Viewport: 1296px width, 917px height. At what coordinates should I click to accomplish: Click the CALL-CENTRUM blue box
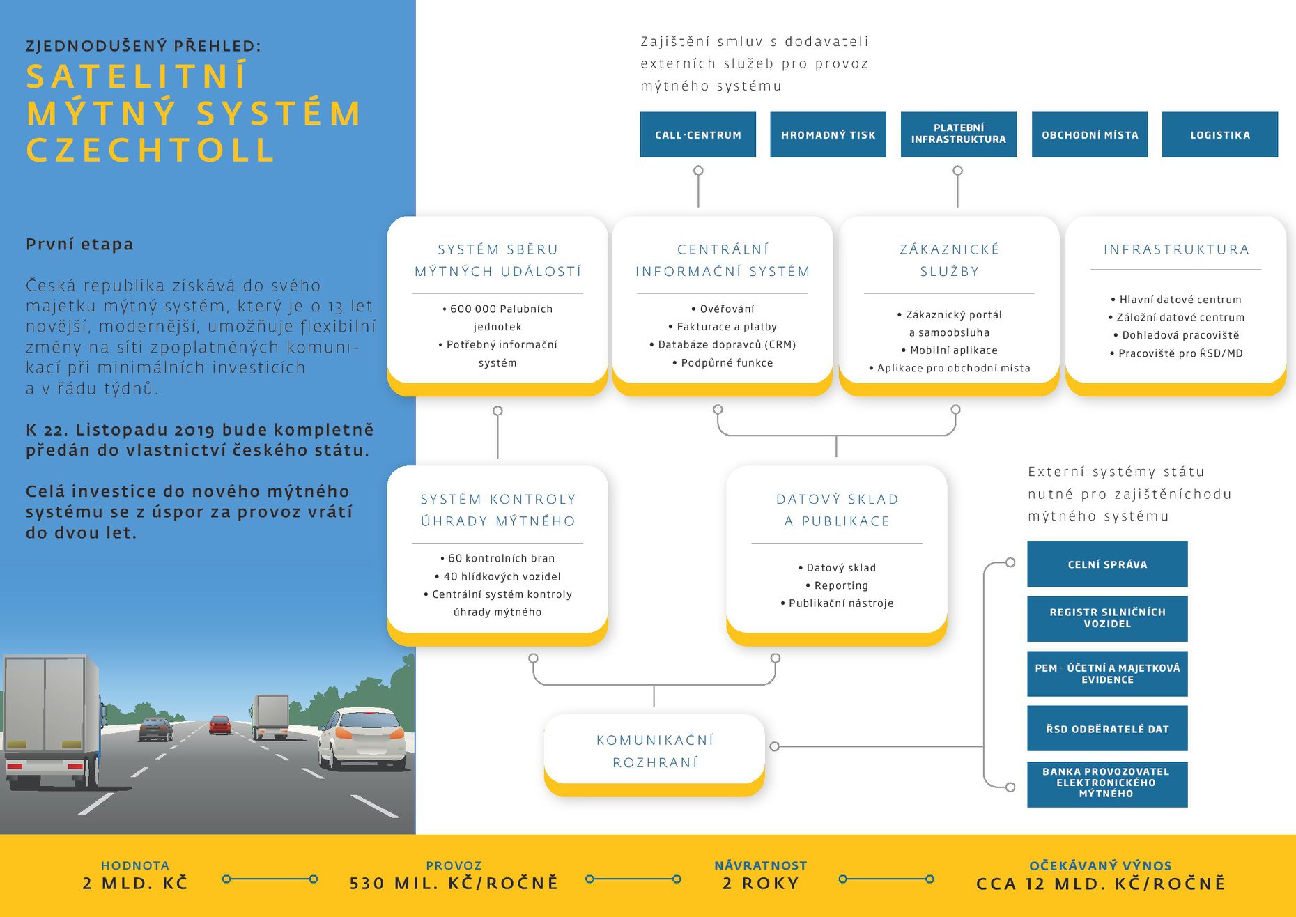[x=697, y=134]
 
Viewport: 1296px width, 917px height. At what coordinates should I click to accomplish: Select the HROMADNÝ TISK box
[x=828, y=134]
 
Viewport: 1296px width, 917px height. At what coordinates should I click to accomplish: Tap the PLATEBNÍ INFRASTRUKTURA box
[x=958, y=134]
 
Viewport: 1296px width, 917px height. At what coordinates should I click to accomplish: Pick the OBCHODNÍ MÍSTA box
[x=1090, y=134]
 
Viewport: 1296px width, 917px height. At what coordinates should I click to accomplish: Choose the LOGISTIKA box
[x=1219, y=134]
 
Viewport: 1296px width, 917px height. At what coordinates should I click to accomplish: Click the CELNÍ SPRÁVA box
[x=1107, y=564]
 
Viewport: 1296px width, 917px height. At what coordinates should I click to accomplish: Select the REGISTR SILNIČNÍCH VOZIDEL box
[x=1107, y=618]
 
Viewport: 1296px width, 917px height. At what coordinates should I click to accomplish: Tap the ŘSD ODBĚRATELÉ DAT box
[x=1107, y=729]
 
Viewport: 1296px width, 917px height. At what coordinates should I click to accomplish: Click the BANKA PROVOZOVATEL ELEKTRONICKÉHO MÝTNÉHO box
[x=1107, y=783]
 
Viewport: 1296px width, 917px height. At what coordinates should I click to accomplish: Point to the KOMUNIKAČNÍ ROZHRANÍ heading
[x=655, y=751]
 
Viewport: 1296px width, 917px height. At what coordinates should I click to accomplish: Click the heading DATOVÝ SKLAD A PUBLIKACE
[x=837, y=510]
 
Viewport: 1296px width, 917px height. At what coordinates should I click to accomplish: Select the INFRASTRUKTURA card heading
[x=1176, y=249]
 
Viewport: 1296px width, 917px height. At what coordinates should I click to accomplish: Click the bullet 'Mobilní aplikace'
[x=952, y=350]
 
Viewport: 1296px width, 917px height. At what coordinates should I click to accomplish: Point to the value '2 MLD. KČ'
[x=135, y=884]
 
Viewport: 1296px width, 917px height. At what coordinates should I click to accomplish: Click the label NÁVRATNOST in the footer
[x=760, y=865]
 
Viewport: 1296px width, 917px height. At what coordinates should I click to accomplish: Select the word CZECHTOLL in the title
[x=151, y=151]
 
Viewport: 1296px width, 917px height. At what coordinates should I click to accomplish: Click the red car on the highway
[x=220, y=725]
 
